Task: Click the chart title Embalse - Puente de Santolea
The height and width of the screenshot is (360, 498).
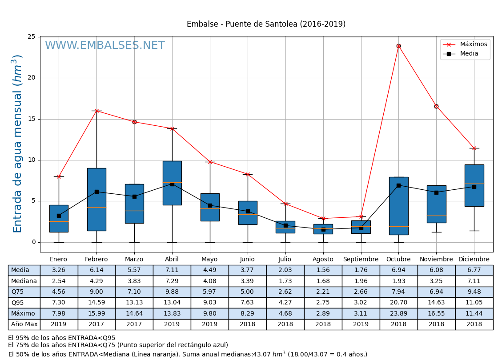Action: (x=266, y=24)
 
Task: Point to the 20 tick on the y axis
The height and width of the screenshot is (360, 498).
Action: (x=32, y=78)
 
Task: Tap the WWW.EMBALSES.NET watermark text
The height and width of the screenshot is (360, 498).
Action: (x=104, y=46)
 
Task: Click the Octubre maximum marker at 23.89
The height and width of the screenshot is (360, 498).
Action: (x=398, y=46)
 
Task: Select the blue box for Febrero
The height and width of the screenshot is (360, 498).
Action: (x=96, y=199)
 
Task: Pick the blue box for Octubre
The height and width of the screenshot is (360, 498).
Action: (x=398, y=206)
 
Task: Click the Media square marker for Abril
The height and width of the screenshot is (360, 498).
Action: (x=172, y=184)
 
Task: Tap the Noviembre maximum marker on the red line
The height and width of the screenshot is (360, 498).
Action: (x=436, y=106)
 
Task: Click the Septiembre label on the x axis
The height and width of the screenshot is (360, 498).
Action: (x=361, y=260)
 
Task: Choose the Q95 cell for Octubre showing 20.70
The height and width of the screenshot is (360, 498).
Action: (x=398, y=303)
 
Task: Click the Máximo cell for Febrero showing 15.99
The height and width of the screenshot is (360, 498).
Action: (x=96, y=313)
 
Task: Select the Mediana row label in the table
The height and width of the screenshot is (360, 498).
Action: (x=24, y=281)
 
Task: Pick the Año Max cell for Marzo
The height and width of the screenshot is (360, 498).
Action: (x=134, y=324)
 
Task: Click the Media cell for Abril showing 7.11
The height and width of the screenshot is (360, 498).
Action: (x=172, y=270)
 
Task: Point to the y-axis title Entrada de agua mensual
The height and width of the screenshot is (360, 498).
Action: (x=17, y=144)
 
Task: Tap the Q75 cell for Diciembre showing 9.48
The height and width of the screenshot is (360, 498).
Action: (x=474, y=292)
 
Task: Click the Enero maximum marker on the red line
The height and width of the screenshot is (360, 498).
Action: (x=59, y=176)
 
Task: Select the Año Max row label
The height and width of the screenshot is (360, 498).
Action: (x=24, y=324)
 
